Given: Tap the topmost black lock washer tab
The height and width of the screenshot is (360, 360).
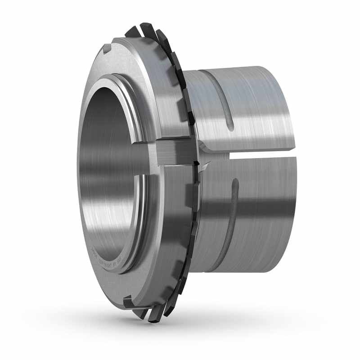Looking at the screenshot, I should tap(147, 30).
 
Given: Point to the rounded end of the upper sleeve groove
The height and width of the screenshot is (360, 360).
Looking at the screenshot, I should tap(230, 126).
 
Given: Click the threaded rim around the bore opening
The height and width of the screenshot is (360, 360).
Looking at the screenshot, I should tap(135, 112).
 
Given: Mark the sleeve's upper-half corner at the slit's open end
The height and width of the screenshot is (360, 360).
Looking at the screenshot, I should tap(295, 148).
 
